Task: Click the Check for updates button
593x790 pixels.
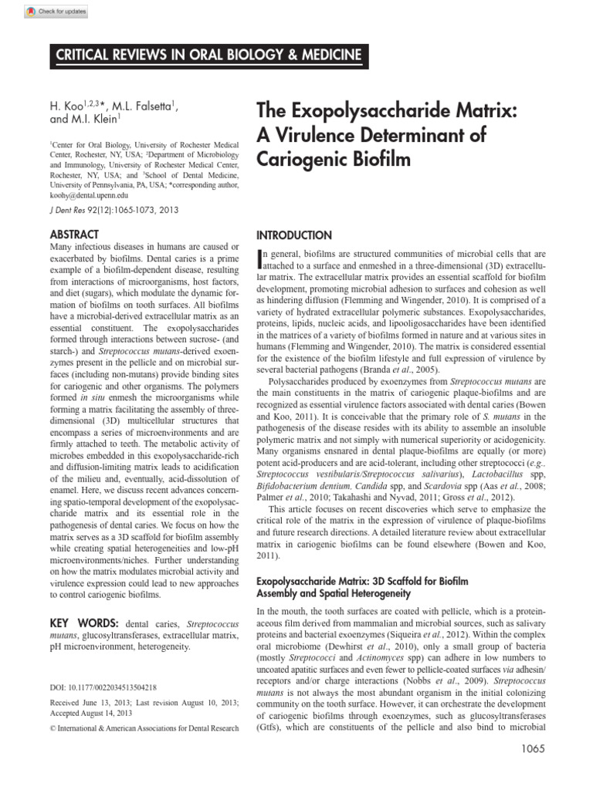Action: [56, 12]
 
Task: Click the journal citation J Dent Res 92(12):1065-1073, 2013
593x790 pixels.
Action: [114, 210]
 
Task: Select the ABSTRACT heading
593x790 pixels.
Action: [74, 234]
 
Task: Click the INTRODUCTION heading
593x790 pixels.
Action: [293, 235]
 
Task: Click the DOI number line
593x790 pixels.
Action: [103, 687]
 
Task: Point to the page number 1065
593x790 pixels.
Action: [533, 770]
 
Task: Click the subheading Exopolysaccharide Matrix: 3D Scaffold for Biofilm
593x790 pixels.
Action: [362, 579]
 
